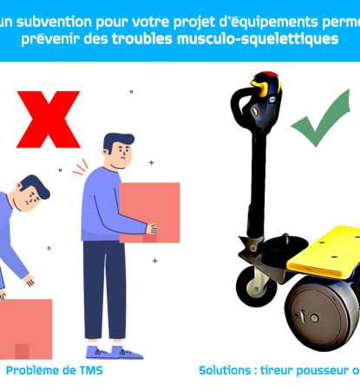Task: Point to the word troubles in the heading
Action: [x=142, y=40]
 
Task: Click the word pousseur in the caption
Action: [x=317, y=369]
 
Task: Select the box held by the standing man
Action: [x=149, y=211]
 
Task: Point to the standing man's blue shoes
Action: [x=108, y=352]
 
